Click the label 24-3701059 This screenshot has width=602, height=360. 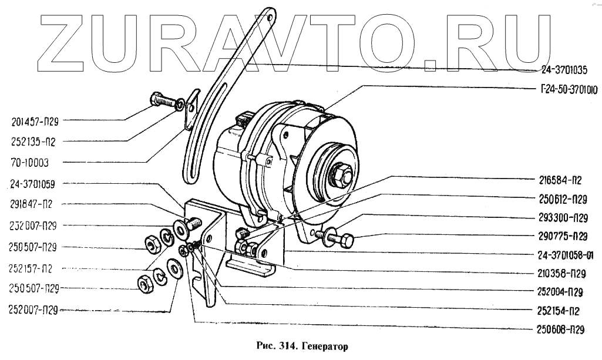coord(33,184)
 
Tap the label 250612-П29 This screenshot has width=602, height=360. coord(563,198)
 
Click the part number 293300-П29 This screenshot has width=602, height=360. coord(563,217)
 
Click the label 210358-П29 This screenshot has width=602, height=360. coord(563,274)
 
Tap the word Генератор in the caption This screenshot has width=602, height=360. coord(329,347)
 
